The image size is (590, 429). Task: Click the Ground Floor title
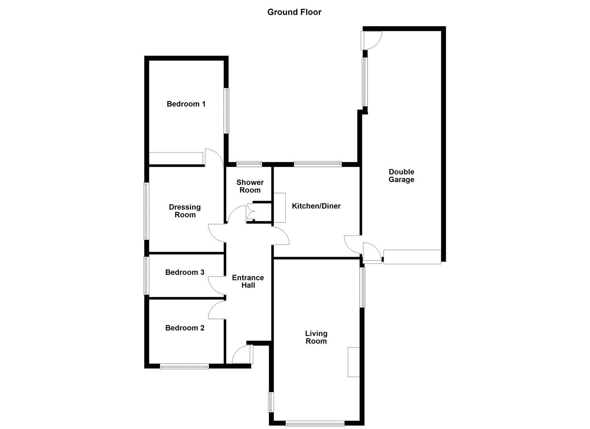[294, 12]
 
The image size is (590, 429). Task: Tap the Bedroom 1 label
[186, 104]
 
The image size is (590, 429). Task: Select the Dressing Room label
[185, 211]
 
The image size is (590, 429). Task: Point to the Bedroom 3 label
[185, 272]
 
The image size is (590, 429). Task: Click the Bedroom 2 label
[185, 328]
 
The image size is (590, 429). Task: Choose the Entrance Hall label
[248, 281]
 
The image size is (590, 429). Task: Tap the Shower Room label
[250, 186]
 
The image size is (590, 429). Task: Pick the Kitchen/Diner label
[316, 206]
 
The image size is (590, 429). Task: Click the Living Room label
[316, 337]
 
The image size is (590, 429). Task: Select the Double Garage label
[401, 176]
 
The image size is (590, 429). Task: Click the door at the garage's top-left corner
[371, 40]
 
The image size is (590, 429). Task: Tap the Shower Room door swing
[238, 214]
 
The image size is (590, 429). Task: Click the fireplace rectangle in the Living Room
[354, 362]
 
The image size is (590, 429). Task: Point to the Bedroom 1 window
[226, 110]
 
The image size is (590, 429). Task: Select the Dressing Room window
[146, 211]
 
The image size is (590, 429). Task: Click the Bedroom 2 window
[184, 366]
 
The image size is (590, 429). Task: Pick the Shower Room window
[249, 163]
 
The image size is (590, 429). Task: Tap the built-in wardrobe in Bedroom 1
[176, 158]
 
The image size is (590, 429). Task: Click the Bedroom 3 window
[146, 276]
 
